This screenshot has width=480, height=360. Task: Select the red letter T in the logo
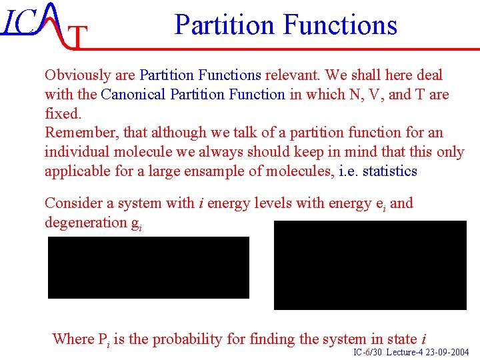78,39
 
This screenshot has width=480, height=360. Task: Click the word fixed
63,114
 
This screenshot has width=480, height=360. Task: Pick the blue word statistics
389,171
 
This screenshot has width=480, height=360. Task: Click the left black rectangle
148,267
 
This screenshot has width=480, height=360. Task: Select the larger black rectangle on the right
370,265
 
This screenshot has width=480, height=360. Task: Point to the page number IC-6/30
367,352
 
